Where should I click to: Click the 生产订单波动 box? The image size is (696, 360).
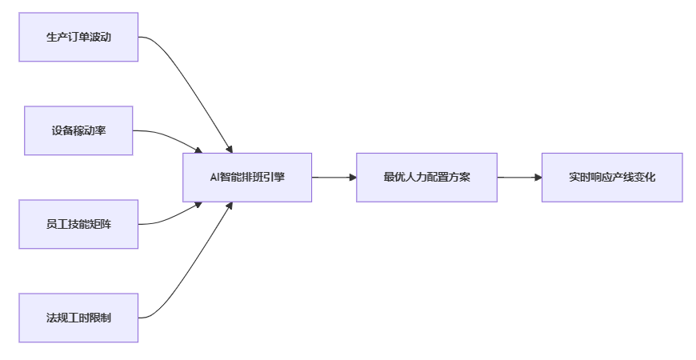(x=78, y=37)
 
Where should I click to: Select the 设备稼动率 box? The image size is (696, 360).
(x=78, y=130)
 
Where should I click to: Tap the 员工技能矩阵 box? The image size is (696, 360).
(x=78, y=224)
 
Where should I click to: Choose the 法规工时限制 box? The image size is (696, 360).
(x=78, y=318)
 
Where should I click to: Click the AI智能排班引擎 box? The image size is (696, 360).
(x=247, y=177)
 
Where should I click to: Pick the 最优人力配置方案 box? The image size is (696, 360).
(x=426, y=177)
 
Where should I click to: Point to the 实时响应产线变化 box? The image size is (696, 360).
(x=612, y=177)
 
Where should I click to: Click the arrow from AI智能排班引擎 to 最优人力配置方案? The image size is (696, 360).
(x=334, y=177)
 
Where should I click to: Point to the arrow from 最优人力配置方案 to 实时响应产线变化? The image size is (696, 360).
(x=519, y=177)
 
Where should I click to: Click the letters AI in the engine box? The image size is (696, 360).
(x=214, y=177)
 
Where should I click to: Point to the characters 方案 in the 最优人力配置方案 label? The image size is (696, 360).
(x=459, y=177)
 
